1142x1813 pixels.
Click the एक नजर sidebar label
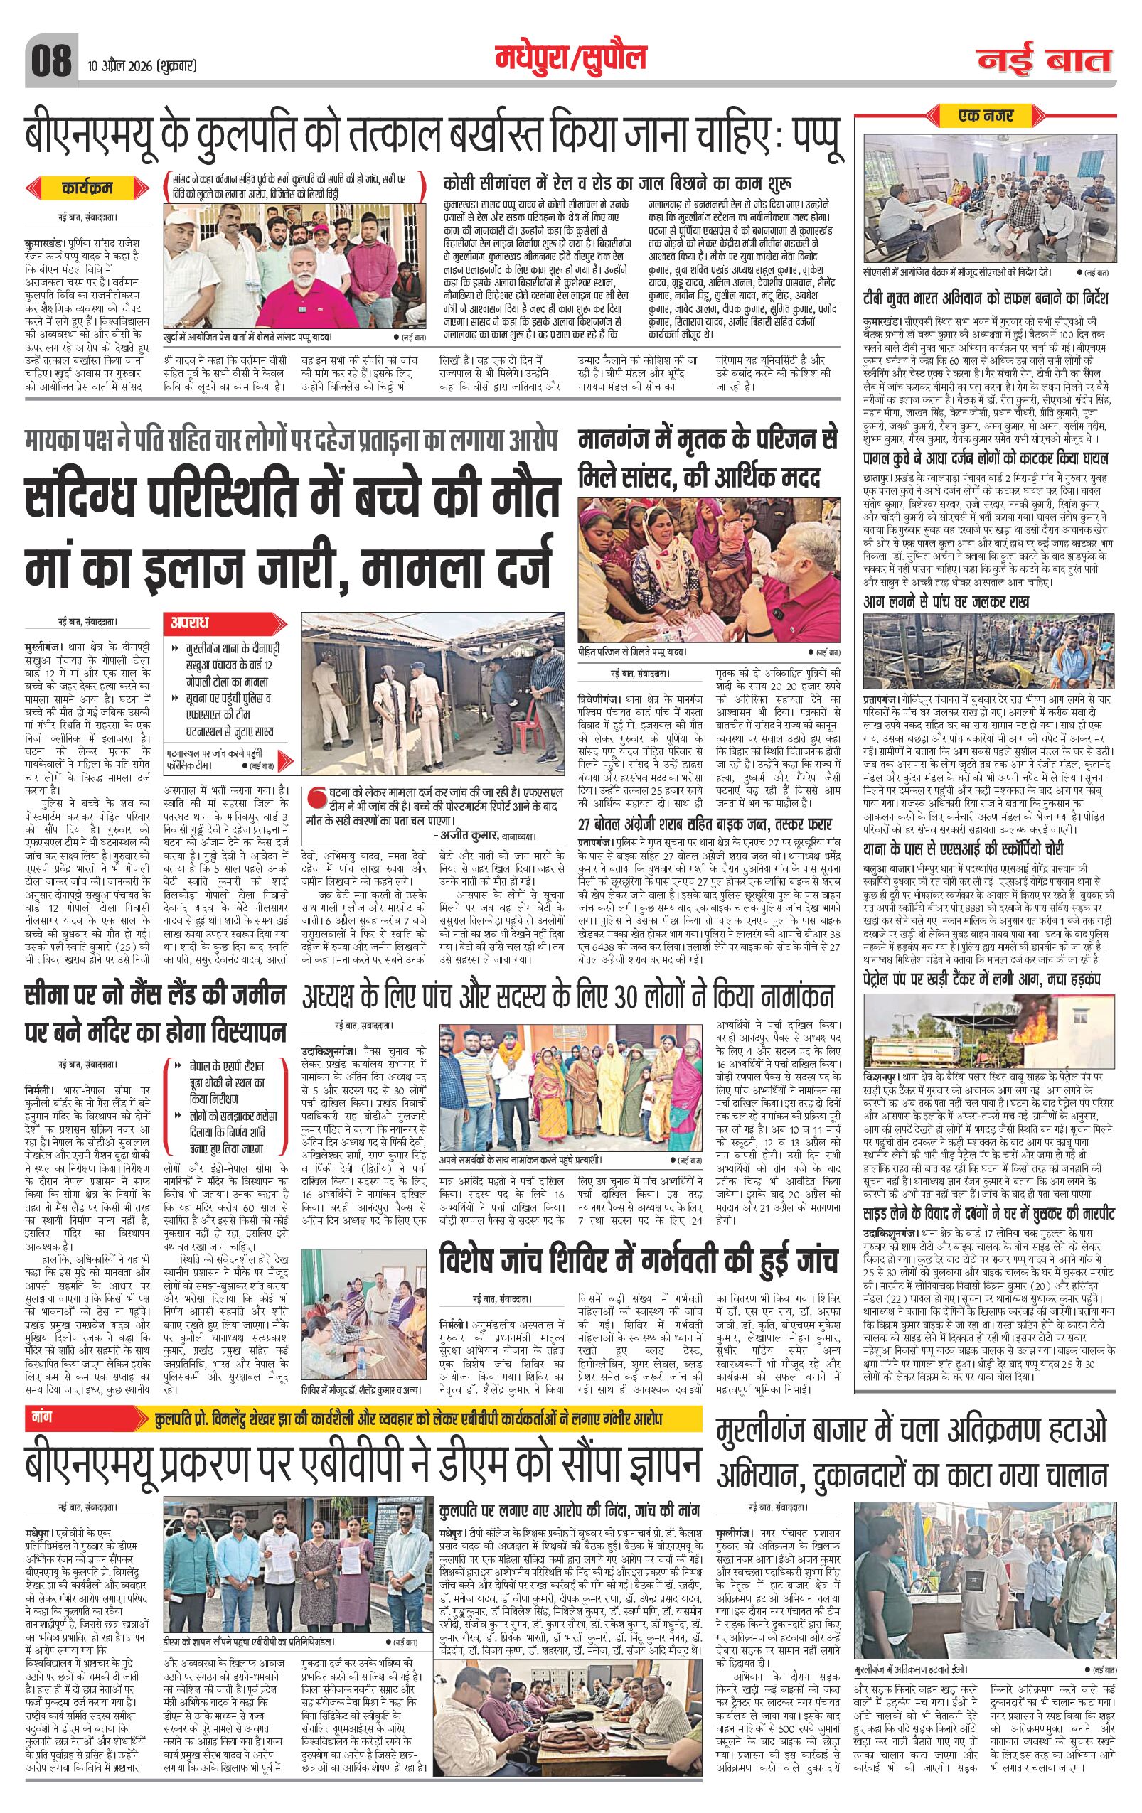click(985, 116)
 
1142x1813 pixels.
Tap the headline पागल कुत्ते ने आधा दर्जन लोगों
click(985, 458)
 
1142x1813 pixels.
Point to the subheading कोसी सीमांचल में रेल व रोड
click(619, 183)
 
